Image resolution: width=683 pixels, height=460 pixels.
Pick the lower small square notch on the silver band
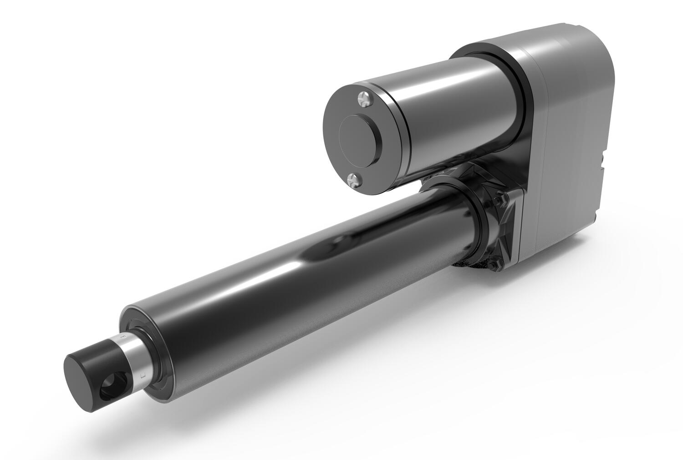(143, 376)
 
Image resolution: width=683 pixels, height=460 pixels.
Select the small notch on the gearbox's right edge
(603, 159)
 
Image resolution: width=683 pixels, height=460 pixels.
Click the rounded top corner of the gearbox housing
(601, 45)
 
